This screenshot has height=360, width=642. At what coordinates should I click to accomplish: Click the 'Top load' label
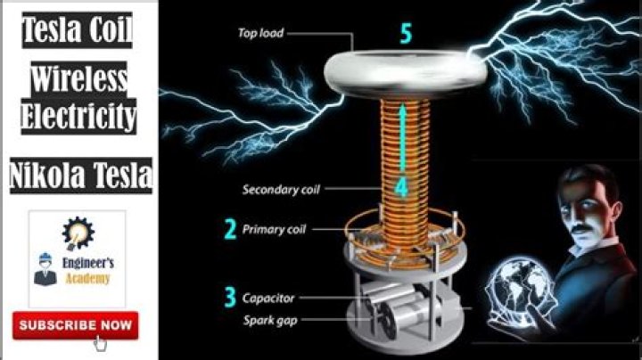point(260,34)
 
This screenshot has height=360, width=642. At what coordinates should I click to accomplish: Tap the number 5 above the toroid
point(407,35)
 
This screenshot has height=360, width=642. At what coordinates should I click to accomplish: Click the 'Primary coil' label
point(275,230)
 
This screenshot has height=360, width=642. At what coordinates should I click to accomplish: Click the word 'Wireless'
point(78,81)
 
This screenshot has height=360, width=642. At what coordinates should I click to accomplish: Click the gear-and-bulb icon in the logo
point(78,233)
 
